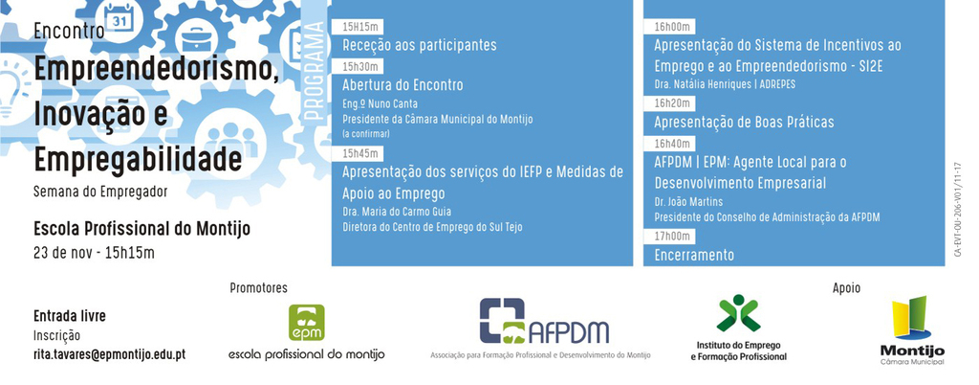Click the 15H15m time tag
(360, 26)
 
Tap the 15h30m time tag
(361, 66)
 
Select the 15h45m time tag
(361, 153)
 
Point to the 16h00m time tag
(674, 26)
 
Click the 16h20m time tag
(674, 102)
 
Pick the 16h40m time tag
(674, 144)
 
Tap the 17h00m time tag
(674, 236)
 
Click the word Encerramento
(694, 255)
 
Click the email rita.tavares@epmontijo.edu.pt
(109, 354)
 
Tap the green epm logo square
(307, 323)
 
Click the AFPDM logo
(543, 322)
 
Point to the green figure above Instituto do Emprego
(738, 313)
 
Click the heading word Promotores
(258, 287)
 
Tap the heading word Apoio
(846, 287)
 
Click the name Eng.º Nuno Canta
(381, 103)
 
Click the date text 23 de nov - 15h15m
(94, 253)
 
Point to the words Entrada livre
(70, 316)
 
